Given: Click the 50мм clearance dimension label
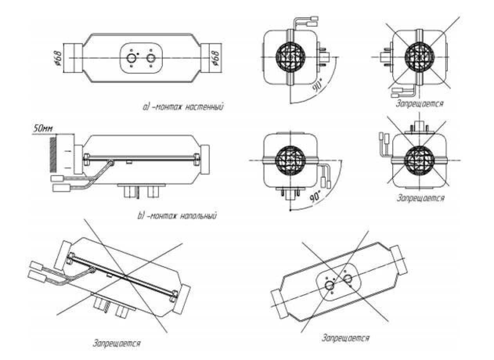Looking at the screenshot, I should [43, 129].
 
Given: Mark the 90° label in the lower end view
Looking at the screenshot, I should [316, 197].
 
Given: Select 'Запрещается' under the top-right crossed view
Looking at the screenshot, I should [420, 104].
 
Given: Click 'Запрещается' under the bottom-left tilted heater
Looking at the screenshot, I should [117, 344].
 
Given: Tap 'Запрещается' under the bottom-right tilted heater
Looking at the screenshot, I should [345, 338].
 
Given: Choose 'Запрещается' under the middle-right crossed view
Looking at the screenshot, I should [421, 198].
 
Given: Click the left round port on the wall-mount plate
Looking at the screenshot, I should [132, 58].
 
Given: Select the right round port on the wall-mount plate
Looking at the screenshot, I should [151, 58].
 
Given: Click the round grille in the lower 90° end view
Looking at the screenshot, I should [290, 160].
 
